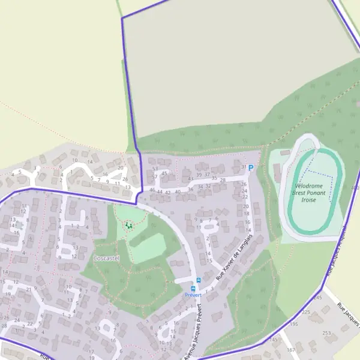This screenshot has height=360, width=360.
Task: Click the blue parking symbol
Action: (x=251, y=168)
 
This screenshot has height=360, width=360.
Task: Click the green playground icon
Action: (x=128, y=225)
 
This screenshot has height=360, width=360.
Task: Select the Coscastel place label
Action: (x=106, y=258)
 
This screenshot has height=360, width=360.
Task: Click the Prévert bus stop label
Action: (x=193, y=295)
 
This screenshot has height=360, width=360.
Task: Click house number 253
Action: (x=326, y=333)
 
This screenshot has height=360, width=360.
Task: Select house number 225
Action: (x=305, y=313)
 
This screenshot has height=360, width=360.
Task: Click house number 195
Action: (x=293, y=324)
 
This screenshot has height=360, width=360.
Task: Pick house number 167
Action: (x=291, y=350)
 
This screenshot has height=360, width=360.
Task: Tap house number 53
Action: (x=155, y=169)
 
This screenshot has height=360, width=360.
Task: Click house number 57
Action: (x=155, y=177)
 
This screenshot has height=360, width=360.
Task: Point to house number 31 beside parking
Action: (x=243, y=167)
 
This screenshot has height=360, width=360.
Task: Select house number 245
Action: (x=317, y=298)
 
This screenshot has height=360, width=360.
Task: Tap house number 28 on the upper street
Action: (x=223, y=180)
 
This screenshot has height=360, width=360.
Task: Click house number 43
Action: (x=191, y=179)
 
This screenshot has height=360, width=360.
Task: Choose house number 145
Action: (x=274, y=340)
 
